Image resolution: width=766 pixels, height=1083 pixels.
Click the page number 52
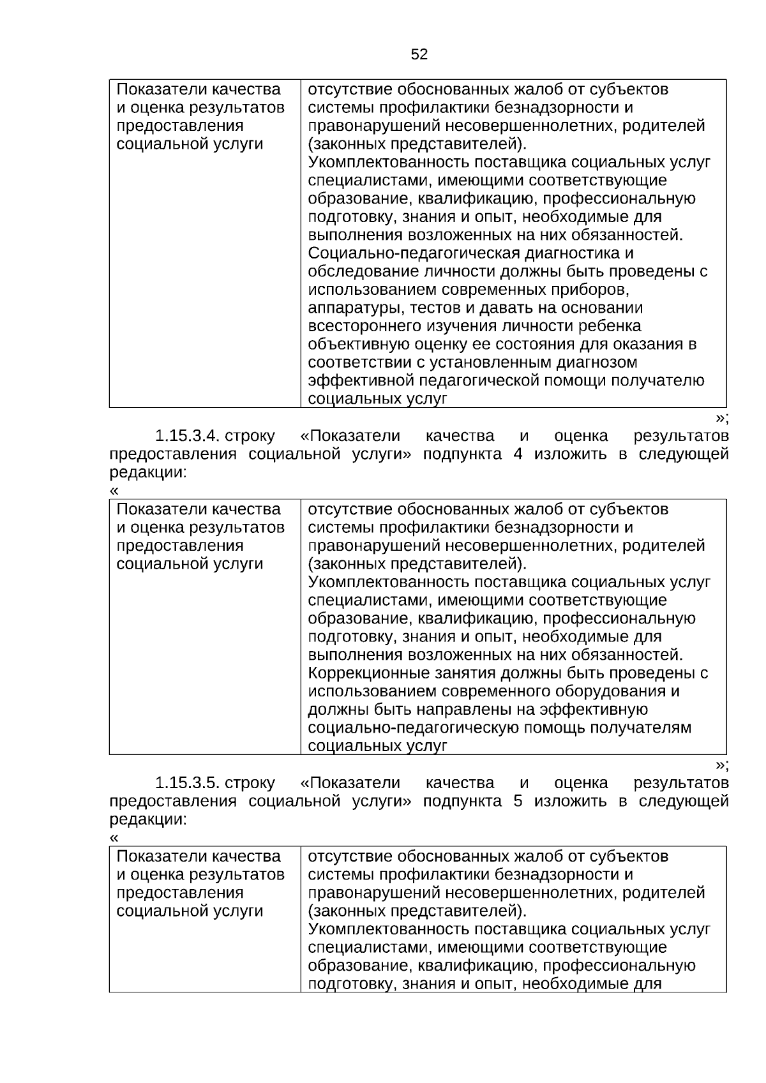(419, 55)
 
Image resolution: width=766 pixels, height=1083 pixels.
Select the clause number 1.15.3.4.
(188, 437)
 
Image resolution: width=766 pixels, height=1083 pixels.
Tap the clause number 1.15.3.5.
(188, 783)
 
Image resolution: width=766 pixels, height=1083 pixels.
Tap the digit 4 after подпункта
(517, 454)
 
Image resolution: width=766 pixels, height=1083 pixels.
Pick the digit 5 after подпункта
(517, 801)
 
